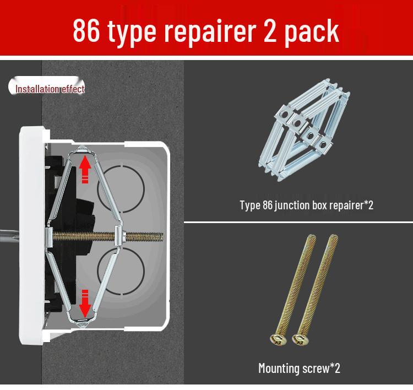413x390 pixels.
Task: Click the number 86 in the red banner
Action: pos(86,30)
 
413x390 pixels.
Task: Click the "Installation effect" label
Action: pos(50,89)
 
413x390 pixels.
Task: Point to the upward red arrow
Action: pos(85,169)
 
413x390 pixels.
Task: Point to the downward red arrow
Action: pos(85,304)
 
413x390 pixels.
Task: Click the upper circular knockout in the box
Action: pos(121,189)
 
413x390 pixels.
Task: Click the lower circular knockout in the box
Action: pos(121,270)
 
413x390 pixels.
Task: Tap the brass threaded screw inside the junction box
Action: pos(108,236)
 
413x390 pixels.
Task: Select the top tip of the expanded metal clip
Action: pos(83,146)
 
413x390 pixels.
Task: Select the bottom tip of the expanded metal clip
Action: pos(83,327)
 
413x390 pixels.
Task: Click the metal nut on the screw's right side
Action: pos(119,236)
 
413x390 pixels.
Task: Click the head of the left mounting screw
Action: pos(279,339)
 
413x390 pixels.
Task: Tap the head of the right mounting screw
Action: pos(301,339)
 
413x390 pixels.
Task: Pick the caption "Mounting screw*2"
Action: pos(299,368)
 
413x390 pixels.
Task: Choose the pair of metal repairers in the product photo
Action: pos(304,131)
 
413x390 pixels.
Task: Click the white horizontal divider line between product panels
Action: pos(298,223)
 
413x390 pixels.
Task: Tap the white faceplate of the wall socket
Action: pos(31,235)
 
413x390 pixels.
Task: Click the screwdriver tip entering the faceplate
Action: pos(10,236)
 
